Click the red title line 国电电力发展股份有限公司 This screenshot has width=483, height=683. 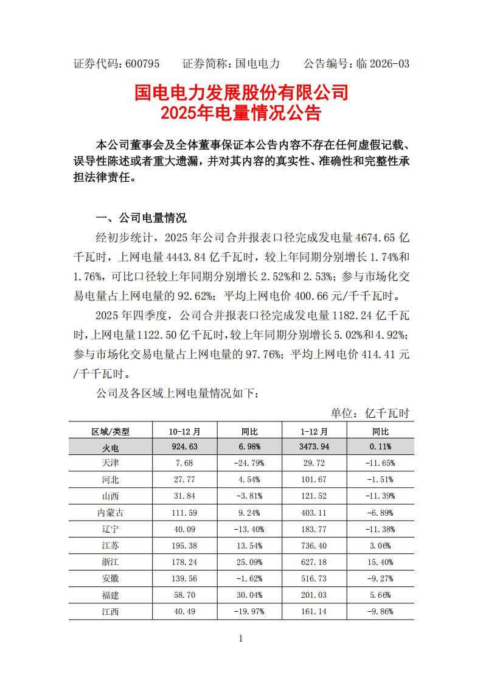(x=241, y=92)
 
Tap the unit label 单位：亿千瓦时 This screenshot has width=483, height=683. (x=370, y=414)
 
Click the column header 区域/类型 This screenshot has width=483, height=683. (x=111, y=431)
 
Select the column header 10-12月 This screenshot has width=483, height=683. (x=184, y=431)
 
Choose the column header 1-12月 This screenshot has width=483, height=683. (x=314, y=431)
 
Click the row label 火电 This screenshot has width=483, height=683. (x=111, y=447)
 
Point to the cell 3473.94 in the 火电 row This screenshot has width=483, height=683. (x=314, y=447)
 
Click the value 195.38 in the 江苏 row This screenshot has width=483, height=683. (x=184, y=546)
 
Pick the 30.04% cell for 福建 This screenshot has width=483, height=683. (x=249, y=595)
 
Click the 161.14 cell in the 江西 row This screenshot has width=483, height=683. (x=314, y=611)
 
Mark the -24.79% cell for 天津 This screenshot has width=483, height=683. (x=249, y=463)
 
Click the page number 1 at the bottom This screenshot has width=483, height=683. (x=241, y=638)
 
